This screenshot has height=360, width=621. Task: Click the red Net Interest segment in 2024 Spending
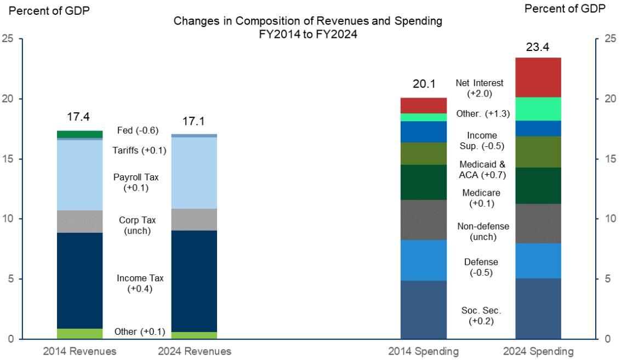pyautogui.click(x=538, y=77)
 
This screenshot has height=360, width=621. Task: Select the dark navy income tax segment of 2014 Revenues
pyautogui.click(x=80, y=281)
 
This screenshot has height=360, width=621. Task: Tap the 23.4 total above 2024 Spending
pyautogui.click(x=538, y=48)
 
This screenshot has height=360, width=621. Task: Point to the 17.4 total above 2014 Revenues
pyautogui.click(x=78, y=117)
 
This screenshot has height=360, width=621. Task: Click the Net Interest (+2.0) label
pyautogui.click(x=480, y=88)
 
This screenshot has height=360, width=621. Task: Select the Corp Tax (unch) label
pyautogui.click(x=138, y=225)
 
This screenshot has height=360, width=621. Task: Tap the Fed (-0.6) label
pyautogui.click(x=138, y=130)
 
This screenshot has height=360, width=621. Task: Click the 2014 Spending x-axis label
pyautogui.click(x=423, y=351)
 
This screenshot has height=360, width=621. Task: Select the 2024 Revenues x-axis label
pyautogui.click(x=194, y=351)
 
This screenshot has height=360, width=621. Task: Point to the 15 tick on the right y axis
pyautogui.click(x=609, y=159)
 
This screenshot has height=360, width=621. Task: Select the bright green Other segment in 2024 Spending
pyautogui.click(x=538, y=108)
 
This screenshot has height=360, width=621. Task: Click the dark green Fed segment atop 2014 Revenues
pyautogui.click(x=80, y=134)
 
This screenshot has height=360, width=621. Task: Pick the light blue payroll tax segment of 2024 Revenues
pyautogui.click(x=194, y=173)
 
